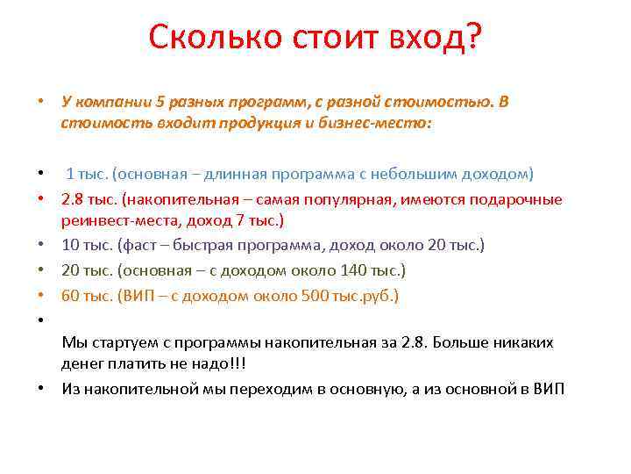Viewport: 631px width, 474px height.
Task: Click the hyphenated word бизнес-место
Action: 385,124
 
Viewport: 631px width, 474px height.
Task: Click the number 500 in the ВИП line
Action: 314,296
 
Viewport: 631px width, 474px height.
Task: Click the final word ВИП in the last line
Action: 549,390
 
